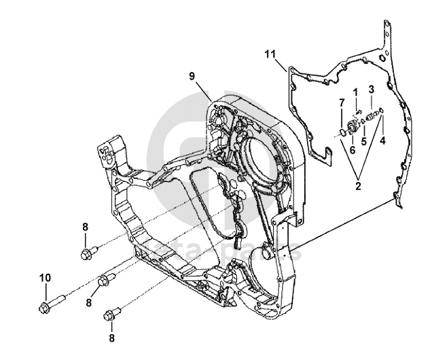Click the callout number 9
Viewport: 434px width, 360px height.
pos(192,76)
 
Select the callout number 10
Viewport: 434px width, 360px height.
pos(44,277)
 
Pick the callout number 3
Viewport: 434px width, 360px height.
pos(372,89)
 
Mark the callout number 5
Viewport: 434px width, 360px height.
pos(364,141)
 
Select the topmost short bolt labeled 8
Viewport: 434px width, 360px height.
pos(87,255)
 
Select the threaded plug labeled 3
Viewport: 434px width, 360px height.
pos(371,117)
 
